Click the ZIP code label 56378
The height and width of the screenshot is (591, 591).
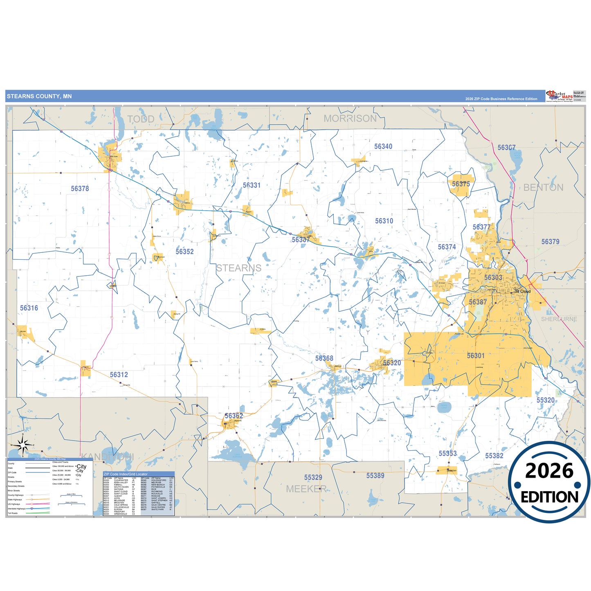tap(80, 189)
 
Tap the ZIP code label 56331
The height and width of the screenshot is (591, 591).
tap(252, 185)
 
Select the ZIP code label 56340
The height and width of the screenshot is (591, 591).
tap(383, 146)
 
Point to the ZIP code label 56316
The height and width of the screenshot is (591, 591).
tap(29, 308)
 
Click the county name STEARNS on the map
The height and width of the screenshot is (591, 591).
tap(238, 268)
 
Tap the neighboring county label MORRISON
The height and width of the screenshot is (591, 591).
tap(350, 119)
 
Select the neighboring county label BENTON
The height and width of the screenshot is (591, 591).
tap(543, 188)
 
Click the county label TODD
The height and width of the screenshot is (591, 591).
tap(141, 119)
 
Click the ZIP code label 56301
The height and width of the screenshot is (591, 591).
tap(476, 356)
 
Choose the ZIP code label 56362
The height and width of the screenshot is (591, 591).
tap(234, 416)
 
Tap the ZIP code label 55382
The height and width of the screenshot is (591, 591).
tap(494, 456)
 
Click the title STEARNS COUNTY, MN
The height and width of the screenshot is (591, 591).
tap(39, 97)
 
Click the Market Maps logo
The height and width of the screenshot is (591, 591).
tap(560, 96)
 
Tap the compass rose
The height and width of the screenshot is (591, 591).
tap(22, 445)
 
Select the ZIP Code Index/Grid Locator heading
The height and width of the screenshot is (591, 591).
tap(126, 474)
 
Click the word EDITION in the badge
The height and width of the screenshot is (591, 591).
tap(549, 497)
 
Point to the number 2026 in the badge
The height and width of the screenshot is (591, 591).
tap(549, 471)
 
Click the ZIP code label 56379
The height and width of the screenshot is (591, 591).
tap(550, 242)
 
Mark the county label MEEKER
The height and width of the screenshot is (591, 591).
tap(306, 489)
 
